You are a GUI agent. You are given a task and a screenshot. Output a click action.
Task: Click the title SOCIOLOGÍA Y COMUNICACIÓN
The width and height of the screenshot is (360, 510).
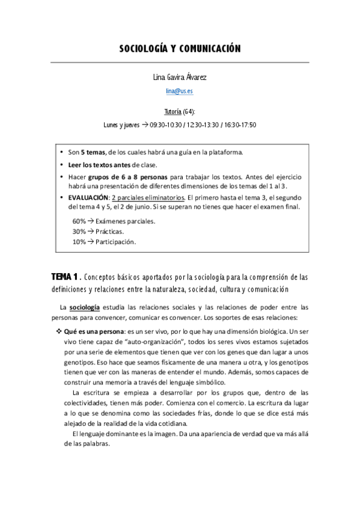tap(180, 49)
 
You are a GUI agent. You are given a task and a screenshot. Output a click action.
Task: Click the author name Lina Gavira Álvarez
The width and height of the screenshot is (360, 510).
tap(180, 77)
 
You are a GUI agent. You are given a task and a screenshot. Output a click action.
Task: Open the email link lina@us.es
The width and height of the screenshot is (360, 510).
tap(180, 91)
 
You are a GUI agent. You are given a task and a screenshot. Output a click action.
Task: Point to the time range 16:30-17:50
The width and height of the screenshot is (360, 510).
tap(240, 125)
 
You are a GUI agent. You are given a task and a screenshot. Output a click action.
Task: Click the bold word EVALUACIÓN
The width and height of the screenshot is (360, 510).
tap(88, 197)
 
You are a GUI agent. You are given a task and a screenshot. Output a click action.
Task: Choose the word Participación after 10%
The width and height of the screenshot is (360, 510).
tap(115, 242)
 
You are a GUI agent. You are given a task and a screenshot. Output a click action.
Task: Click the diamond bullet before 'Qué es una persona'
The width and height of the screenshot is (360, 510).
tap(58, 331)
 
